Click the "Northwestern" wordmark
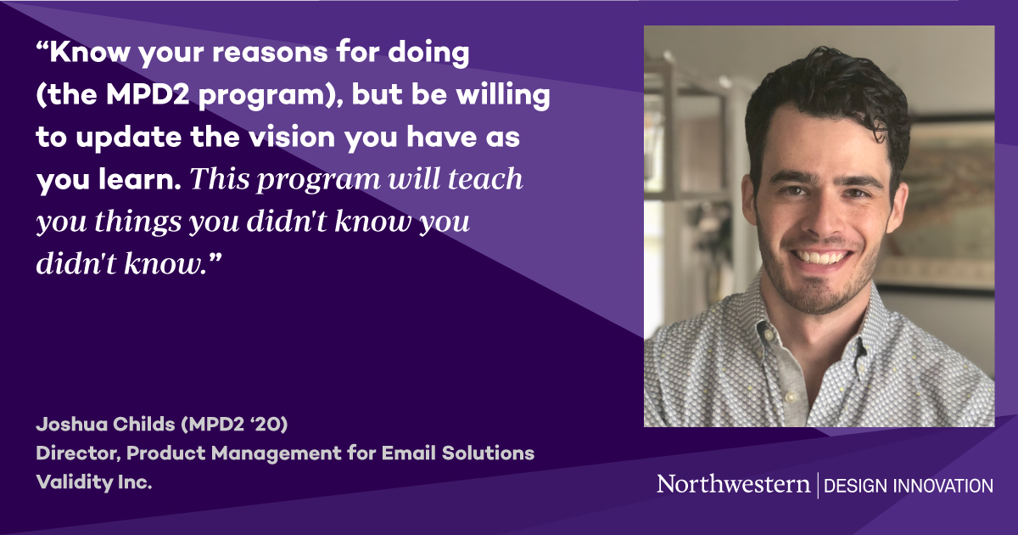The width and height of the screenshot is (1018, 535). [x=733, y=484]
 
